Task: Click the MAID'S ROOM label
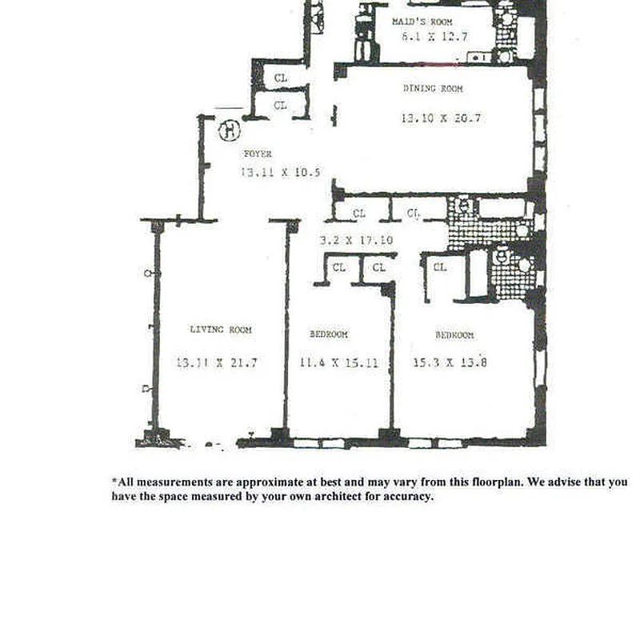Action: [422, 22]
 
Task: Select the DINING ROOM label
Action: [432, 89]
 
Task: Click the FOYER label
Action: [258, 154]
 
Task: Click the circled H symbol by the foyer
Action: [230, 128]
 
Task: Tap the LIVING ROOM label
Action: [221, 330]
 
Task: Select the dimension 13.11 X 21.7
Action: [216, 362]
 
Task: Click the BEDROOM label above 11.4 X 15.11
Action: [329, 334]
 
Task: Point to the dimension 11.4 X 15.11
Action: [338, 362]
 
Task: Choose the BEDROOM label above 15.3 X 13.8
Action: [454, 335]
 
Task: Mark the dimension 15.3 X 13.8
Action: [450, 362]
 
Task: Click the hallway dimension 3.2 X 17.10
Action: [355, 239]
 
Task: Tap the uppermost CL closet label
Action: [280, 78]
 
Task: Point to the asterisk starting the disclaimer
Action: [114, 482]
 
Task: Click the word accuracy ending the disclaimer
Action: [409, 497]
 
